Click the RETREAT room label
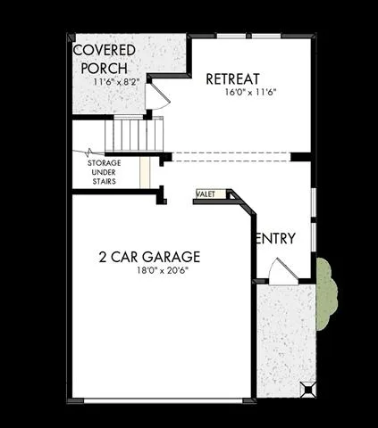pyautogui.click(x=232, y=79)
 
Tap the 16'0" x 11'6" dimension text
pyautogui.click(x=250, y=92)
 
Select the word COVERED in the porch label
pyautogui.click(x=105, y=50)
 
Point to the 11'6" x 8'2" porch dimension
pyautogui.click(x=116, y=82)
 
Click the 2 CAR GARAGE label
pyautogui.click(x=149, y=257)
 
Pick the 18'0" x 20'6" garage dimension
pyautogui.click(x=163, y=270)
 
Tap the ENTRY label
pyautogui.click(x=275, y=238)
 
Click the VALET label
pyautogui.click(x=206, y=194)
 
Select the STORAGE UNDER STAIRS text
pyautogui.click(x=104, y=172)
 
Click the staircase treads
pyautogui.click(x=134, y=134)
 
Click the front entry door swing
pyautogui.click(x=283, y=272)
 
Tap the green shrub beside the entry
pyautogui.click(x=326, y=293)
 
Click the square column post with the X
pyautogui.click(x=307, y=390)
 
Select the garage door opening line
pyautogui.click(x=163, y=401)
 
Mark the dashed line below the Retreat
pyautogui.click(x=231, y=157)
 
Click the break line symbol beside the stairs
pyautogui.click(x=89, y=152)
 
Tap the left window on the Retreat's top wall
pyautogui.click(x=231, y=37)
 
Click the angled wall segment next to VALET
pyautogui.click(x=243, y=202)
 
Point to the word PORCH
pyautogui.click(x=104, y=69)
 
